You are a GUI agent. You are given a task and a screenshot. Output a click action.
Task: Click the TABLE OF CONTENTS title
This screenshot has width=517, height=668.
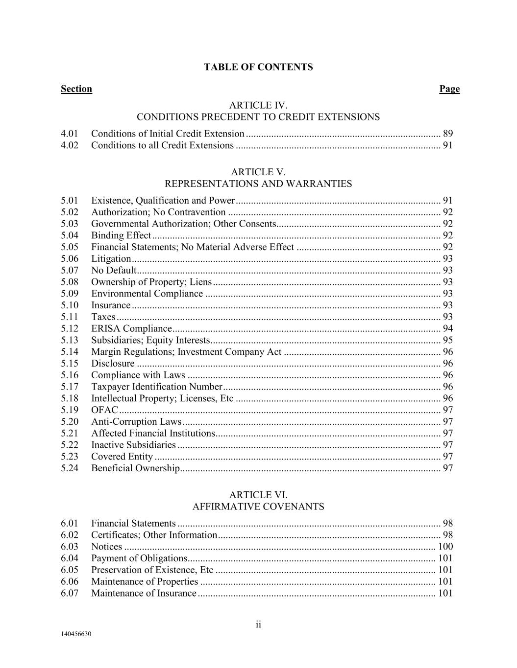click(258, 67)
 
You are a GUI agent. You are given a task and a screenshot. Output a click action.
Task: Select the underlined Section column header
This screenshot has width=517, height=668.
click(76, 89)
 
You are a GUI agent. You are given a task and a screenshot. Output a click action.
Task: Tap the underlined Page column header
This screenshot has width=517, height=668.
click(449, 89)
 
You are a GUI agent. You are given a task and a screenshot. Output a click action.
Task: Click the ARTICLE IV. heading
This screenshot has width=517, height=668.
click(258, 105)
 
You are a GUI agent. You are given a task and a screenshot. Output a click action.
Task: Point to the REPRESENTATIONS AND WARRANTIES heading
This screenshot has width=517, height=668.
click(258, 184)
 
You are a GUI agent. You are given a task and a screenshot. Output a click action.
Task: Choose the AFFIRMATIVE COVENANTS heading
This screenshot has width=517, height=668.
click(258, 507)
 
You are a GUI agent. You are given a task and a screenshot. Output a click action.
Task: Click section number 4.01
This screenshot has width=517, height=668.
click(70, 134)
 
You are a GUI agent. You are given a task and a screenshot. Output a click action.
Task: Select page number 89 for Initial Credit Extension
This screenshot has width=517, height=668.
click(448, 134)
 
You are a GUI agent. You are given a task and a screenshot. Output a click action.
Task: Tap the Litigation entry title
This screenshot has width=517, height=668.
click(111, 259)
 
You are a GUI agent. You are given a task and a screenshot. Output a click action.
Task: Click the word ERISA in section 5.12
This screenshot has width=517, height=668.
click(106, 328)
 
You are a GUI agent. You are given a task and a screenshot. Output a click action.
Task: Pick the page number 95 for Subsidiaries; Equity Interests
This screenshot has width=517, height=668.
click(448, 340)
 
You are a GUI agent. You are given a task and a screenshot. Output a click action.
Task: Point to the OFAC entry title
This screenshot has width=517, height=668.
click(104, 410)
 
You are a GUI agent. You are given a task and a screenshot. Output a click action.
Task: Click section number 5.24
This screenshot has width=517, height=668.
click(70, 468)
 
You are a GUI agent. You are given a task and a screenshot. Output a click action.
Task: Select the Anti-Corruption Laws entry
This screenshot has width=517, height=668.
click(136, 422)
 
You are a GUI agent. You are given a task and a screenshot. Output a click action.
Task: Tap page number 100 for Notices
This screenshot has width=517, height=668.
click(445, 547)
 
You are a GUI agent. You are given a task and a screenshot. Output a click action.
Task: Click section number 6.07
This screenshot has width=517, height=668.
click(70, 594)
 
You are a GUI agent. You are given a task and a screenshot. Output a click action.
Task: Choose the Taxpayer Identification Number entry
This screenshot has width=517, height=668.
click(157, 387)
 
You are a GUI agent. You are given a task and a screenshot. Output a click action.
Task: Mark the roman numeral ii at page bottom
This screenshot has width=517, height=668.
click(258, 624)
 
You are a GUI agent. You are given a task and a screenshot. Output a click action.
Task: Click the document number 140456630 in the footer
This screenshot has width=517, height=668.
click(76, 634)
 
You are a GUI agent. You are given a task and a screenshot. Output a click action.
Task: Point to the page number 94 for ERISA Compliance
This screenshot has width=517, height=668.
click(448, 328)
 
